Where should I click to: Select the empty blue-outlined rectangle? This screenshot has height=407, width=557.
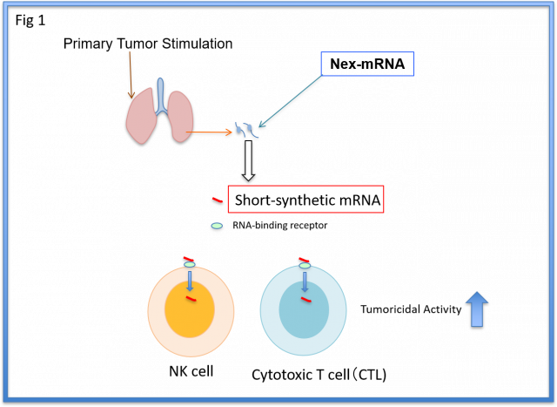click(x=367, y=64)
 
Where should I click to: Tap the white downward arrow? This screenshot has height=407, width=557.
click(x=249, y=160)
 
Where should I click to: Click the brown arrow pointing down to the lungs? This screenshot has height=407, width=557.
click(x=131, y=73)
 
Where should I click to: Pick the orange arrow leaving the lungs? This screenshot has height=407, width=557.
click(x=212, y=133)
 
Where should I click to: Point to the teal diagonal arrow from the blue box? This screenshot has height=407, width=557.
click(x=289, y=103)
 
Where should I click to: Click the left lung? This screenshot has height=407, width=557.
click(x=142, y=118)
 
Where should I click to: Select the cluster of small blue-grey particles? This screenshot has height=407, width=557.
click(x=247, y=131)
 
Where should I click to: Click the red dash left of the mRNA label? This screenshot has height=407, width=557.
click(x=217, y=200)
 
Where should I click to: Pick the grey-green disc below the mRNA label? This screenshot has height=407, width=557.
click(x=217, y=227)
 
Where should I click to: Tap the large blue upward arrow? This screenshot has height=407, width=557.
click(x=477, y=309)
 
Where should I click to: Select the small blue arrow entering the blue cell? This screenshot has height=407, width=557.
click(x=305, y=281)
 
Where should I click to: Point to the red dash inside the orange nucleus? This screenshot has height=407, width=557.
click(x=191, y=300)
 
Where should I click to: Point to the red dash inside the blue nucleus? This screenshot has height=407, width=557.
click(x=306, y=300)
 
